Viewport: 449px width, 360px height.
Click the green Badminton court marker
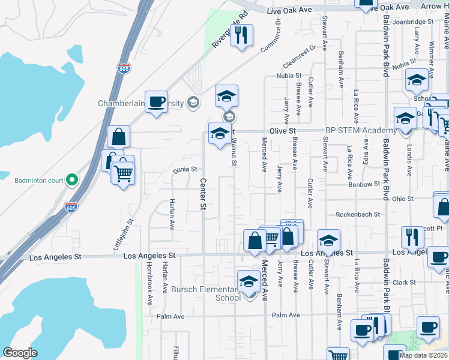pyautogui.click(x=71, y=179)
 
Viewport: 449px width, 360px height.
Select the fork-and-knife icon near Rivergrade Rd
pyautogui.click(x=242, y=35)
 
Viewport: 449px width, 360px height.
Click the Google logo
pyautogui.click(x=20, y=353)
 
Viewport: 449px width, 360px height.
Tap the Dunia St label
pyautogui.click(x=186, y=169)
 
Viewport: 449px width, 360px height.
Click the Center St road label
pyautogui.click(x=203, y=194)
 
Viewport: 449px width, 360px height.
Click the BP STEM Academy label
pyautogui.click(x=360, y=130)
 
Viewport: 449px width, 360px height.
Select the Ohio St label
pyautogui.click(x=402, y=199)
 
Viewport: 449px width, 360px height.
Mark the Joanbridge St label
pyautogui.click(x=413, y=22)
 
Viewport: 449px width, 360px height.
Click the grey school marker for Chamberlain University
pyautogui.click(x=193, y=103)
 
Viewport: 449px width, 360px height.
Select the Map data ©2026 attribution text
pyautogui.click(x=424, y=355)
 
